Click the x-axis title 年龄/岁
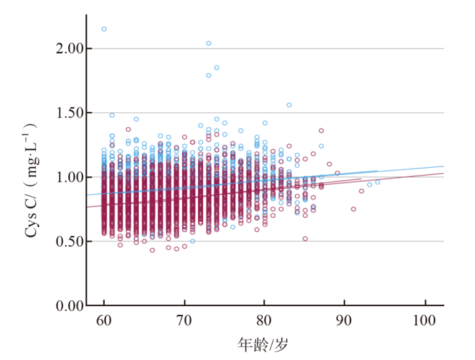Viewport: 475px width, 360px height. point(264,344)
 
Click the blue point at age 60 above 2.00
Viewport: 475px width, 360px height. point(104,29)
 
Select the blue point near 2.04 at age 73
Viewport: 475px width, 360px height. point(208,43)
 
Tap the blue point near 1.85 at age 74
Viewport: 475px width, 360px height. point(216,68)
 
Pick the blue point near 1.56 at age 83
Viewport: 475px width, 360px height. point(288,105)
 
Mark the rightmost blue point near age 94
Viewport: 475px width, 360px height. point(377,182)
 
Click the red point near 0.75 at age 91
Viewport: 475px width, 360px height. point(353,209)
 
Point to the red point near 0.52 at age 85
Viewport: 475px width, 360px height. point(305,239)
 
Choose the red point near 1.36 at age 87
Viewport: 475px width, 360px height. point(321,130)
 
